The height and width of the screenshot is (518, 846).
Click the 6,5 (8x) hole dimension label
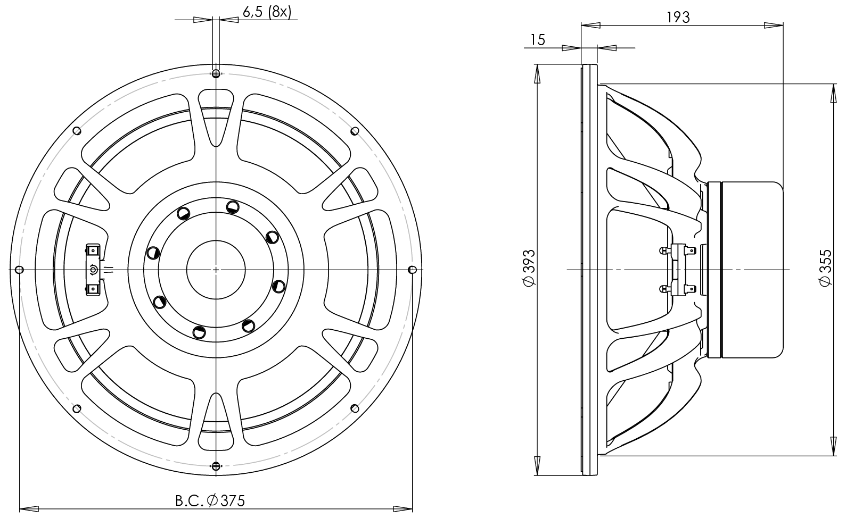coord(267,12)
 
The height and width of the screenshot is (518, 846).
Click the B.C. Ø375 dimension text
coord(210,500)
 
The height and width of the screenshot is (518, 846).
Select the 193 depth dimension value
coord(678,17)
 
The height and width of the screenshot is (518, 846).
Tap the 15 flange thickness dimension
coord(538,40)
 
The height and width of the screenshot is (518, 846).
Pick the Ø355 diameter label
coord(825,269)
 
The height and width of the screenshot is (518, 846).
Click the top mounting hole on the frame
coord(216,73)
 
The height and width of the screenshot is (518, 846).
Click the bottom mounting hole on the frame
coord(216,466)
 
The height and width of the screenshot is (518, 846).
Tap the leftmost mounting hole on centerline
coord(19,270)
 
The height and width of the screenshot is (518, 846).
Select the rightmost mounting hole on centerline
coord(412,270)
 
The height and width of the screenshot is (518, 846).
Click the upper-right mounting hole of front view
coord(355,131)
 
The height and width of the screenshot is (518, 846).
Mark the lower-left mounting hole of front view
coord(76,408)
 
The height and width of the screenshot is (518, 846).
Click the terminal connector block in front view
coord(94,270)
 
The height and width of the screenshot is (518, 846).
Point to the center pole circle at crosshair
coord(216,270)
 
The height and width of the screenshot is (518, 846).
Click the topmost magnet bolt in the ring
coord(232,206)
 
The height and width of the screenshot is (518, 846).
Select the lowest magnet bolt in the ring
coord(200,333)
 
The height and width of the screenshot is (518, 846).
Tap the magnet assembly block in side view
coord(745,270)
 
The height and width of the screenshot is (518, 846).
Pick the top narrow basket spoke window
coord(216,114)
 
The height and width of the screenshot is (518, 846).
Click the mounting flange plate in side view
coord(589,270)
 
